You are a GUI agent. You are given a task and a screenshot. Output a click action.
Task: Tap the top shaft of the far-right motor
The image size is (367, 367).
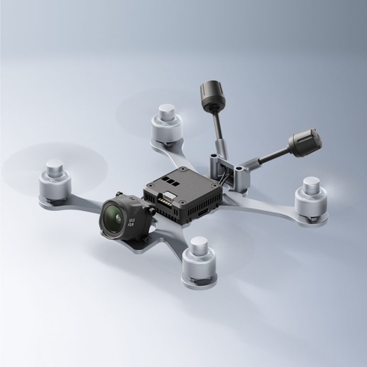click(312, 183)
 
